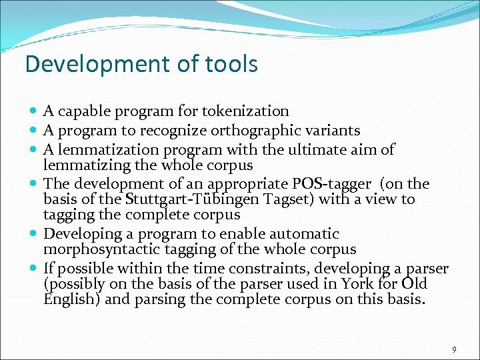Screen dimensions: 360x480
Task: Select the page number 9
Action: pos(454,349)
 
